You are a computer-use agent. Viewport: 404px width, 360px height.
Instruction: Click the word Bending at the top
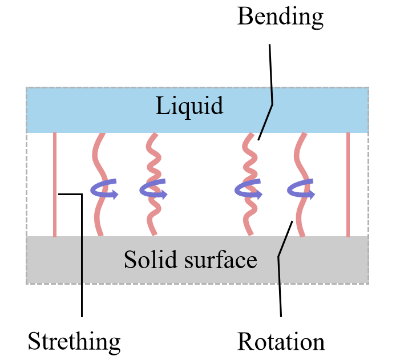coord(280,17)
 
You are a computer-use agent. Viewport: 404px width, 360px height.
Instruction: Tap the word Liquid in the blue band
coord(189,106)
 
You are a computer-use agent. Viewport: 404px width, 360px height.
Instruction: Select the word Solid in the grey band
coord(146,260)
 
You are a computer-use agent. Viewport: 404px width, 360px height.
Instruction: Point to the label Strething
coord(74,342)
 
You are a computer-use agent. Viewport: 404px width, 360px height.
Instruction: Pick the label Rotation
coord(281,342)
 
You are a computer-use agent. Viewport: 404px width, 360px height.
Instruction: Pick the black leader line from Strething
coord(82,257)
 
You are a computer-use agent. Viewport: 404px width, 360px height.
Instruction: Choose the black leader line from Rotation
coord(280,285)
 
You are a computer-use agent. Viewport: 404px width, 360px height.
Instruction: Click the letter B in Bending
coord(244,17)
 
